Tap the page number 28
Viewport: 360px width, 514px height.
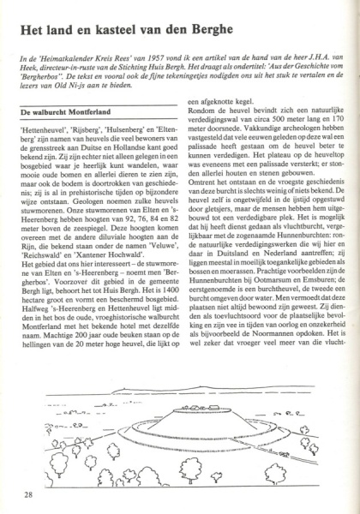[28, 494]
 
